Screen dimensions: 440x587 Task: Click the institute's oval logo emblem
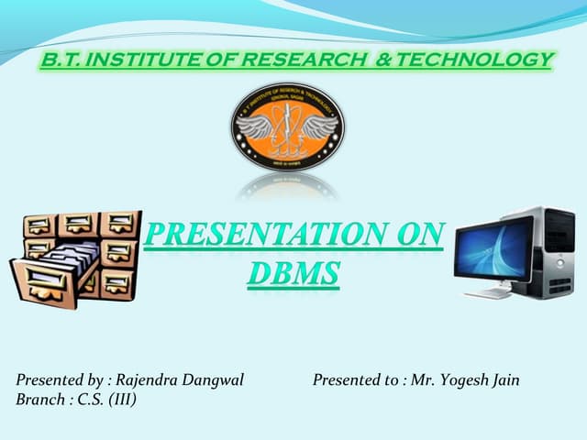[287, 126]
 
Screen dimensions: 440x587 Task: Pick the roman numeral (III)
[120, 400]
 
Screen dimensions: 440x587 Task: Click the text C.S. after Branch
[90, 400]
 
